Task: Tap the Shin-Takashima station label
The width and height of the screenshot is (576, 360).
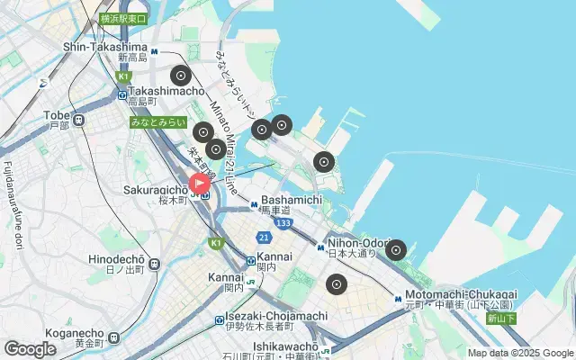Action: [x=104, y=47]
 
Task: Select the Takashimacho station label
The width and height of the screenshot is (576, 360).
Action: [x=166, y=91]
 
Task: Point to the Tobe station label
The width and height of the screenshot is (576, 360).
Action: [x=57, y=115]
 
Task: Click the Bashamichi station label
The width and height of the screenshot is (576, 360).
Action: [x=291, y=199]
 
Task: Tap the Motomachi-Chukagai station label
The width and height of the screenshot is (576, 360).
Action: [x=460, y=293]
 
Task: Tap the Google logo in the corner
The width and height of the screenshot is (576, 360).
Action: [x=30, y=349]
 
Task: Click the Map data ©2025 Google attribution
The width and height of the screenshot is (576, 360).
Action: [x=519, y=354]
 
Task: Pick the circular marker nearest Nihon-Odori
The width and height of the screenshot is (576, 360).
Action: [x=396, y=250]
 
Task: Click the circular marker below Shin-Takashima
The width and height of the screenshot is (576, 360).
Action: [x=180, y=76]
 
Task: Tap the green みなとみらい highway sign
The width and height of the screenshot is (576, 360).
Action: [x=157, y=121]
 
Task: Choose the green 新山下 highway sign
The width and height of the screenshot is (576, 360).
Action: [x=500, y=318]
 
